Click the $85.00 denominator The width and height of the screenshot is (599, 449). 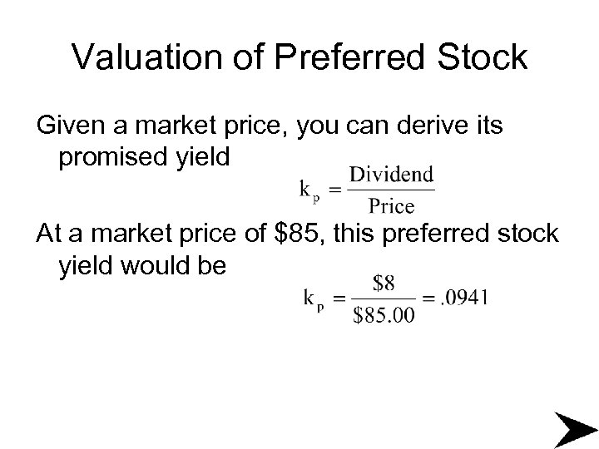384,314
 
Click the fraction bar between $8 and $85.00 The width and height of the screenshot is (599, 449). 384,299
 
